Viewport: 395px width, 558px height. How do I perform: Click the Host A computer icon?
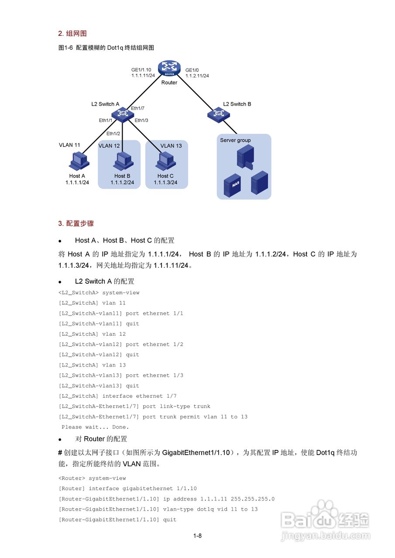point(79,161)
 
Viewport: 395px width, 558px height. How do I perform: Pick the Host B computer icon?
point(123,161)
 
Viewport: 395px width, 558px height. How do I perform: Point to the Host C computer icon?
point(166,161)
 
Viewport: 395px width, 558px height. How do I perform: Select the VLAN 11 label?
point(69,145)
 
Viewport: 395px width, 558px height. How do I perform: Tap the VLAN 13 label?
point(171,146)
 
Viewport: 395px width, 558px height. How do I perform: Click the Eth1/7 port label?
point(137,108)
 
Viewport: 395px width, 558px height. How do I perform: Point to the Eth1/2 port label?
point(113,133)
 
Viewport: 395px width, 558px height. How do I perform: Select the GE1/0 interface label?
point(192,70)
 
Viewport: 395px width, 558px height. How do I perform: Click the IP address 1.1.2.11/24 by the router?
point(197,76)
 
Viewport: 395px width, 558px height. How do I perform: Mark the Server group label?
point(235,140)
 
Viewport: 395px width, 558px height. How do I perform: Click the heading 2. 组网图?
point(72,34)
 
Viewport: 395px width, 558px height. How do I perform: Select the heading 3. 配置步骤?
point(76,223)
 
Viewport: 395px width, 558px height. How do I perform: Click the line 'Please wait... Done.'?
point(95,427)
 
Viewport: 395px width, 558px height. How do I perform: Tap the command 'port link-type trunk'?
point(176,406)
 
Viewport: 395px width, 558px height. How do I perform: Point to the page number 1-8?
point(197,536)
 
